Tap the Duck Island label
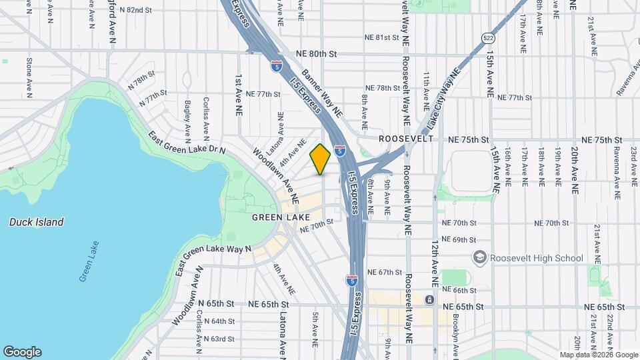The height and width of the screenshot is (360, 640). (37, 222)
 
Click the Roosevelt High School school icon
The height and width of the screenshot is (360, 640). (479, 258)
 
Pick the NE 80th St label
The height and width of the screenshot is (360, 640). (317, 53)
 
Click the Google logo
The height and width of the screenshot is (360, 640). (22, 351)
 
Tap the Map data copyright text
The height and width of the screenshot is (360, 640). (599, 355)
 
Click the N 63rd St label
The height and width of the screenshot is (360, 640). (219, 339)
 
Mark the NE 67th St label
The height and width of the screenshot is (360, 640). (386, 273)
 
